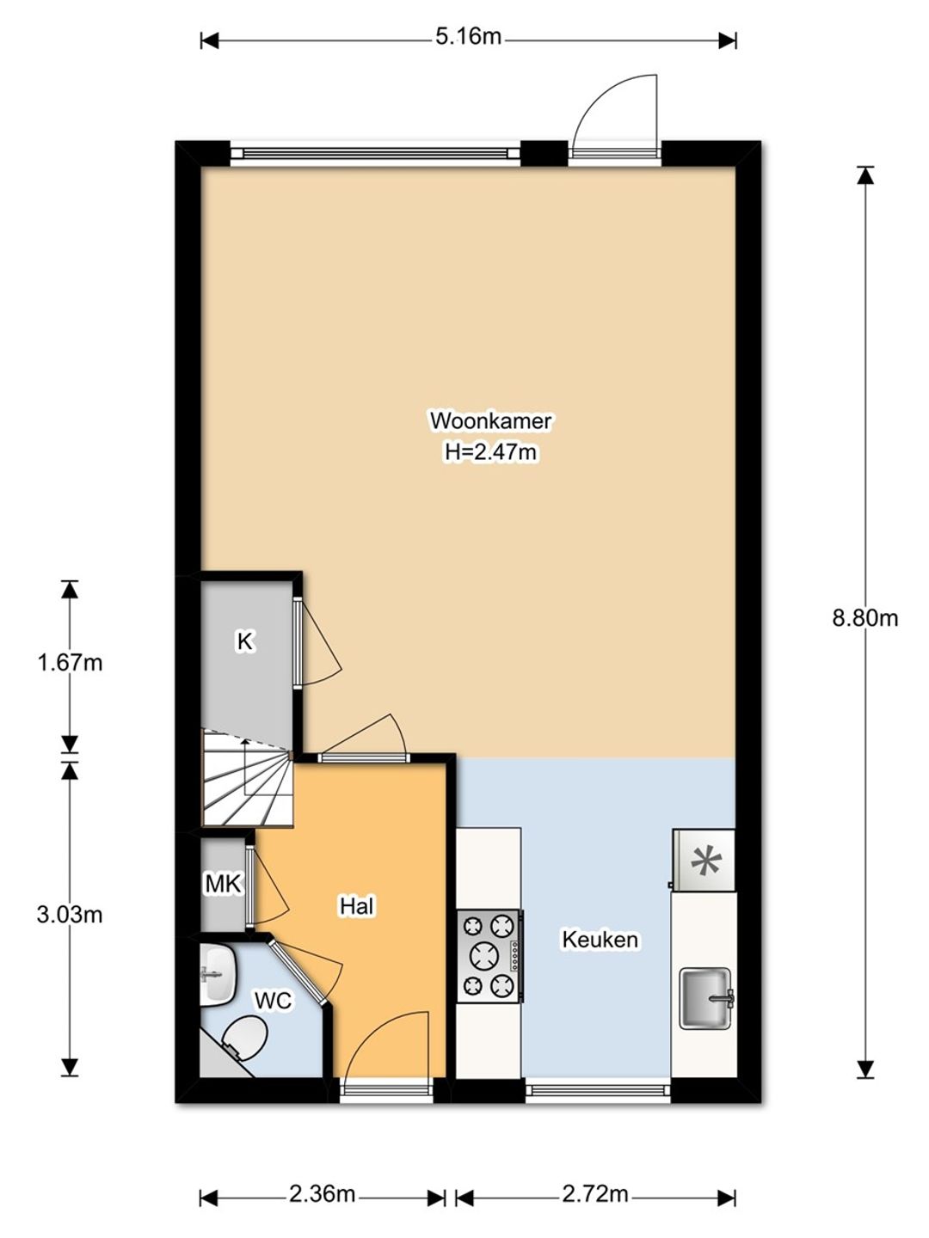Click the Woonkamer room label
point(490,420)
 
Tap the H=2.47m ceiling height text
point(490,452)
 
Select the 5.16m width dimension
point(468,37)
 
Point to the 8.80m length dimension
point(864,619)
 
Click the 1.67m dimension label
point(70,663)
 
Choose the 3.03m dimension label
point(70,914)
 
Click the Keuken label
point(600,940)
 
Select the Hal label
point(356,906)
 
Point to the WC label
point(274,1001)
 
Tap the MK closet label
point(224,884)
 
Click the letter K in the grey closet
point(245,641)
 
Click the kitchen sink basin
point(705,998)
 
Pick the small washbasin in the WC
point(217,975)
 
